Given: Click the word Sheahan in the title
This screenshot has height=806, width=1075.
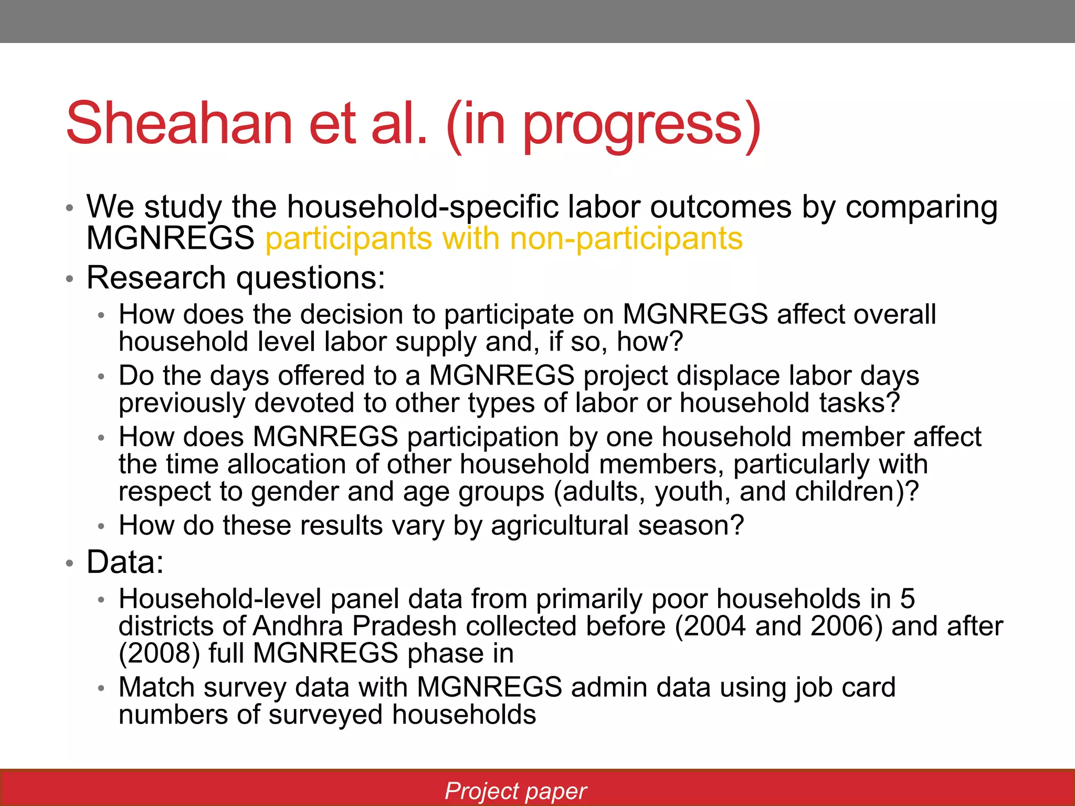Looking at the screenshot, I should click(x=179, y=124).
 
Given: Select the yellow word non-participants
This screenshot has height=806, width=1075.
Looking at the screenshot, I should click(x=626, y=239).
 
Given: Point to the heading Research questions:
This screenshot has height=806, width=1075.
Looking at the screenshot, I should click(x=236, y=278).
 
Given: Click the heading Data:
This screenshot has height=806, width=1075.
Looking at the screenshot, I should click(x=125, y=562).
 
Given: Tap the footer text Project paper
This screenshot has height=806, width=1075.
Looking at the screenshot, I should click(x=515, y=791).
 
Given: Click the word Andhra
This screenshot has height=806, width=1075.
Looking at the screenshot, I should click(x=297, y=626).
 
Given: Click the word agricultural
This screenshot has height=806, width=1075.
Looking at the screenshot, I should click(x=560, y=525).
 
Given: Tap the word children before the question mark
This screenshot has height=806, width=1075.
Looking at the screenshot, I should click(x=846, y=492).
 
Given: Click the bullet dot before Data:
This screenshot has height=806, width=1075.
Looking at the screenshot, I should click(x=69, y=564).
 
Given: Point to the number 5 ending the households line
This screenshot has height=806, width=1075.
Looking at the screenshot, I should click(x=907, y=599).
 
